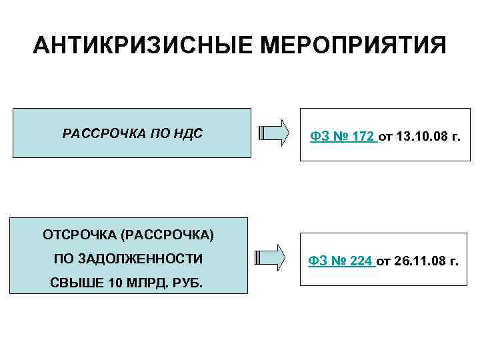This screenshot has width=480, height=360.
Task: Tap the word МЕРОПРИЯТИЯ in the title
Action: [x=353, y=46]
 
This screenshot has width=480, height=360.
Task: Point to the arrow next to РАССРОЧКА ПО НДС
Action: [x=273, y=132]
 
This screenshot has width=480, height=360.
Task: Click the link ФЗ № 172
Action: [x=342, y=137]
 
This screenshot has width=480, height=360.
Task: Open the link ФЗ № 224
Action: [x=341, y=261]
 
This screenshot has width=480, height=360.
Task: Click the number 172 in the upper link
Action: [x=363, y=137]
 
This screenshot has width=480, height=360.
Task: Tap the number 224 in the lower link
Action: [x=361, y=261]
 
